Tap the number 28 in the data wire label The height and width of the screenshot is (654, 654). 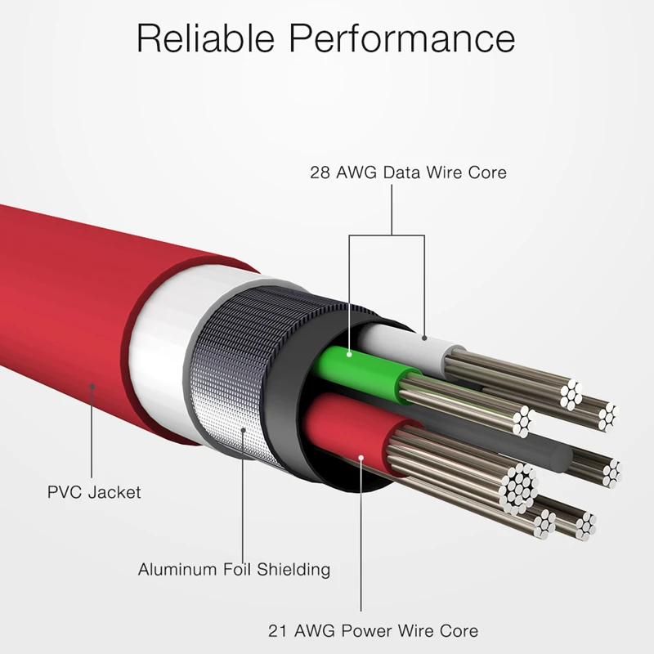(x=320, y=172)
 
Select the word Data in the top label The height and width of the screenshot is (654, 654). (x=402, y=172)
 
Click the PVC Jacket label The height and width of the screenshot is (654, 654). (x=94, y=492)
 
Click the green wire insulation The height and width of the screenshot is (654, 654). (x=368, y=368)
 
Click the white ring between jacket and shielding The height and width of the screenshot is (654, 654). (x=159, y=360)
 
